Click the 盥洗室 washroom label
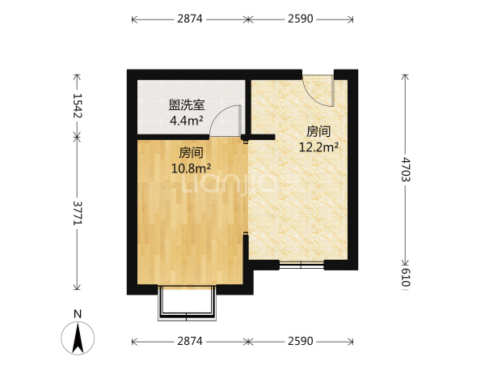coord(187,105)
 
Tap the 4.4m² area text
coord(187,121)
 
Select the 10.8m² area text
coord(191,168)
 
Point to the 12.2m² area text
coord(318,147)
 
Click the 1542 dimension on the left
coord(77,106)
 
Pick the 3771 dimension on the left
coord(77,213)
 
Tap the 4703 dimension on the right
coord(405,169)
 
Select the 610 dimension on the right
coord(405,278)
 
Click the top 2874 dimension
coord(190,19)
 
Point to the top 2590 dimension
coord(301,19)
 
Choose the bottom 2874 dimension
coord(190,341)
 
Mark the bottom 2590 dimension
coord(301,341)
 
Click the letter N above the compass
coord(78,314)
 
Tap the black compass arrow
coord(78,338)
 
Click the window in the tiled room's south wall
coord(302,265)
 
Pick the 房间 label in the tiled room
coord(318,132)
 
